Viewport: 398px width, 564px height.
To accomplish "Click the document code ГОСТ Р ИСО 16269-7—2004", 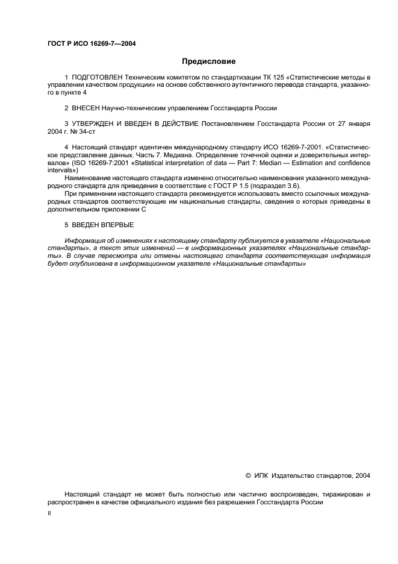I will [x=92, y=43].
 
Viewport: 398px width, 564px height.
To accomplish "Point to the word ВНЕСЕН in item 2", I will [x=87, y=108].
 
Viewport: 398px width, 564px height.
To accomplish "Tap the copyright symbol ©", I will [x=248, y=476].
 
